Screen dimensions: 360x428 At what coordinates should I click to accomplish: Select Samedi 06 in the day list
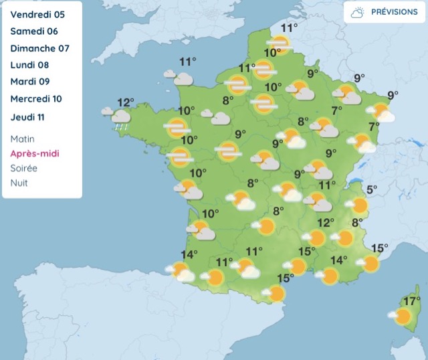point(34,31)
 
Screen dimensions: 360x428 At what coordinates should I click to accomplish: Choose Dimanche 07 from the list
point(39,48)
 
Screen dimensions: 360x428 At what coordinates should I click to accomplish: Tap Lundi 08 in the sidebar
point(29,65)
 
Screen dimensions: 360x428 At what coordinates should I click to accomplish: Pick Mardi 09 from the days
point(31,82)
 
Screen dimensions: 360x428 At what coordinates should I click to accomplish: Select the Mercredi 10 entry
point(36,99)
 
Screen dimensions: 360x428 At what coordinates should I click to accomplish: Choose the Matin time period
point(23,139)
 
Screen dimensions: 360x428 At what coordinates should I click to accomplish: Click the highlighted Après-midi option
point(33,153)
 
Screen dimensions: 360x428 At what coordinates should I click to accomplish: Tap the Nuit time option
point(19,183)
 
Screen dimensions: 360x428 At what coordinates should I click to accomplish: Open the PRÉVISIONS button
point(385,12)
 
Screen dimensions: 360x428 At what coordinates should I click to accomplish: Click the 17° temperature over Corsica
point(411,300)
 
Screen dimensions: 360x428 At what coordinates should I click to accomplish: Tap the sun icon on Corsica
point(403,316)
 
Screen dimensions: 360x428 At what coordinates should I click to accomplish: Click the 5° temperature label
point(371,189)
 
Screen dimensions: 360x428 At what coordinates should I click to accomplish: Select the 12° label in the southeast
point(325,223)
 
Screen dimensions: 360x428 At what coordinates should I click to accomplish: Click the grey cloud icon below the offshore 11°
point(183,78)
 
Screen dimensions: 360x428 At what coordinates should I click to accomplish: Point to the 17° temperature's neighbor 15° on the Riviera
point(379,248)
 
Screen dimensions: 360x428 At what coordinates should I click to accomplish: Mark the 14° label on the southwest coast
point(189,255)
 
